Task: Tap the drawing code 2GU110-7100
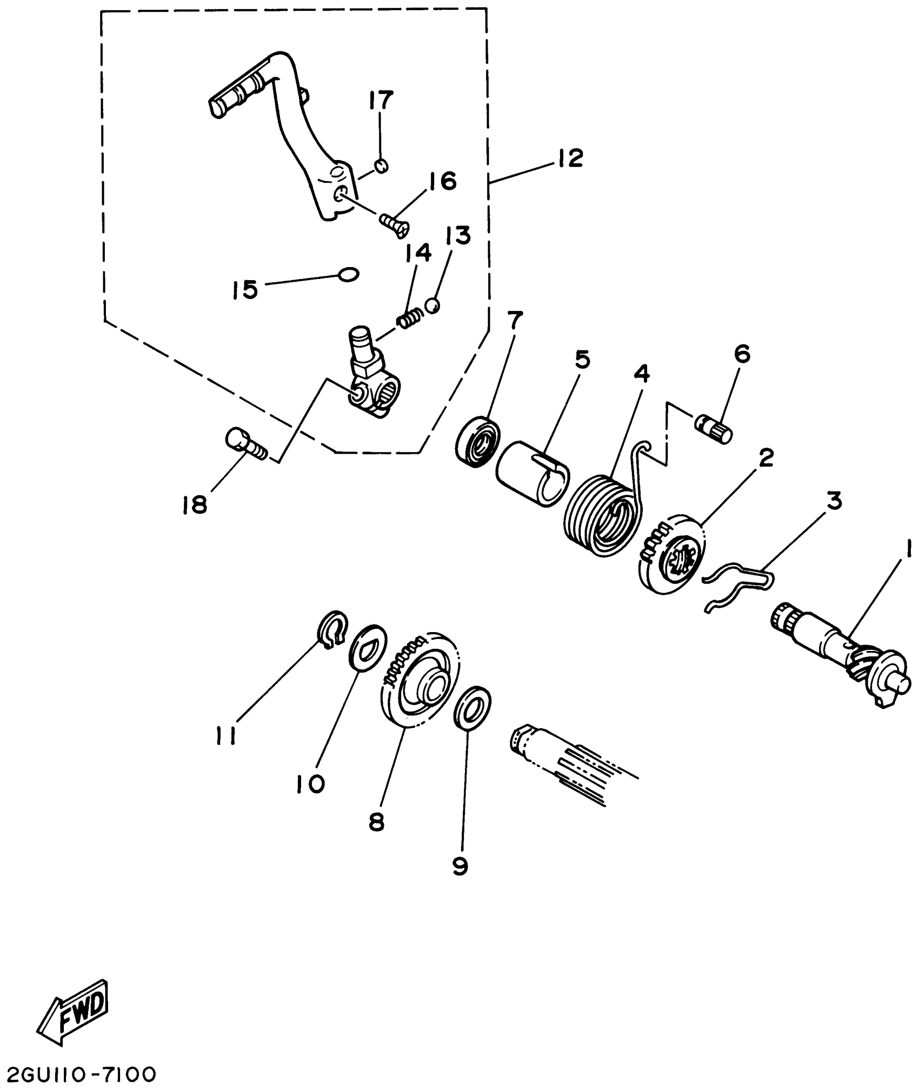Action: [79, 1074]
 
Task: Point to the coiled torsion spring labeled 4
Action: [600, 514]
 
